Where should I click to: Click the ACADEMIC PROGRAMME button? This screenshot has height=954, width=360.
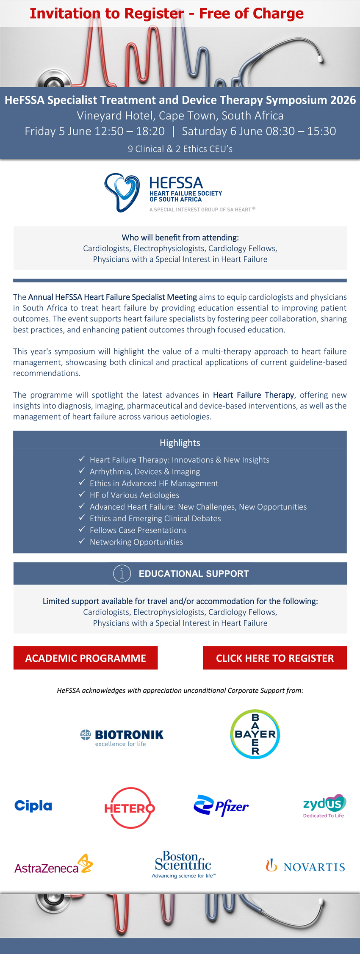click(x=85, y=658)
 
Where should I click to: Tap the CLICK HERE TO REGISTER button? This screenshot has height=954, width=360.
click(x=275, y=658)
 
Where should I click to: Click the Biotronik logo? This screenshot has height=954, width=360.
click(x=122, y=738)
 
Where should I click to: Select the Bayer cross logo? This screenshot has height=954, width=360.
click(x=255, y=734)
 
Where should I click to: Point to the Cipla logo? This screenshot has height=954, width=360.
click(x=33, y=805)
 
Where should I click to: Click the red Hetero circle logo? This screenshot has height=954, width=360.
click(x=130, y=808)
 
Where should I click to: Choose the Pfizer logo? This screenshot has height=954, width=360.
click(x=221, y=805)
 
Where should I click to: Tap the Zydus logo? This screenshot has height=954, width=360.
click(x=324, y=805)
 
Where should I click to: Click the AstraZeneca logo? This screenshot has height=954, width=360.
click(x=54, y=865)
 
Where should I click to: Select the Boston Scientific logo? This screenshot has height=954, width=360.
click(x=183, y=864)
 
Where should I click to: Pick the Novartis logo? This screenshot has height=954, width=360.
click(x=305, y=866)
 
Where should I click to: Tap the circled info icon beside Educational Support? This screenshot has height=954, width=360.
click(x=122, y=573)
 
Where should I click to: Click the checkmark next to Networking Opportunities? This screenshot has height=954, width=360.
click(x=82, y=541)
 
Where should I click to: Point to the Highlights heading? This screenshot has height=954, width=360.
click(x=180, y=443)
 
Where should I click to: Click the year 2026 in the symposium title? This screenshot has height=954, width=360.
click(x=342, y=100)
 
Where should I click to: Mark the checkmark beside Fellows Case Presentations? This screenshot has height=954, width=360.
click(x=82, y=529)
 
